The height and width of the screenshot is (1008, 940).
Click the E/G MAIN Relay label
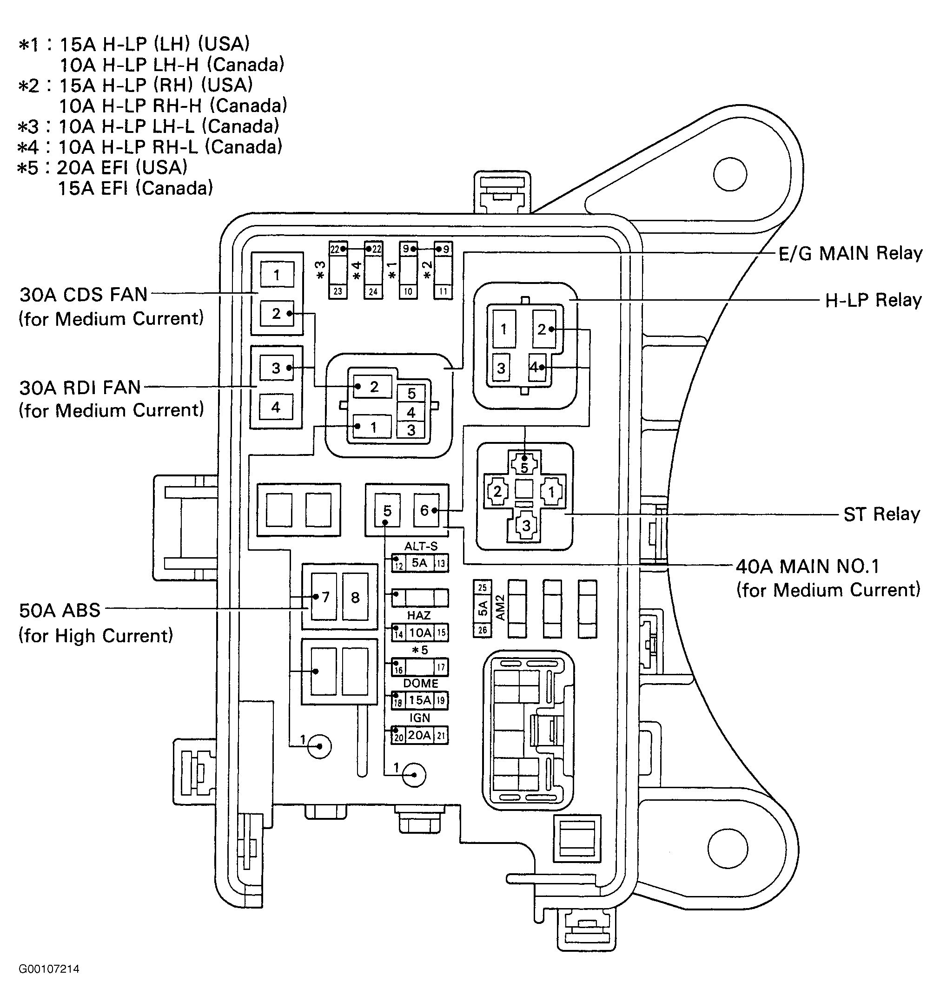850,253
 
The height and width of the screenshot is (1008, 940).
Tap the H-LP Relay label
873,300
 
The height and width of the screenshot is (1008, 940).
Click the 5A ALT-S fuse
419,563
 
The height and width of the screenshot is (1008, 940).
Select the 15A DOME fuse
419,700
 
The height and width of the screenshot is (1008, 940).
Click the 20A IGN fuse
419,735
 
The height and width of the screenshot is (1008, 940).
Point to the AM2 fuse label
500,608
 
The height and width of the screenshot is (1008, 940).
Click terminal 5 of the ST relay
524,466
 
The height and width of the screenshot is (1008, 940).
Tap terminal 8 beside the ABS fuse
355,597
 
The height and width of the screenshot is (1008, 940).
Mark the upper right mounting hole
730,174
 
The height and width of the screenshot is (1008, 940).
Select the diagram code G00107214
49,969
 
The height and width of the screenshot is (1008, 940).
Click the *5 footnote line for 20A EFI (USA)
102,167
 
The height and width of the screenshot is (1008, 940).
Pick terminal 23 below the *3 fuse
338,291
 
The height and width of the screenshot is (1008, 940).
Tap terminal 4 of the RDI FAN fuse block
276,407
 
